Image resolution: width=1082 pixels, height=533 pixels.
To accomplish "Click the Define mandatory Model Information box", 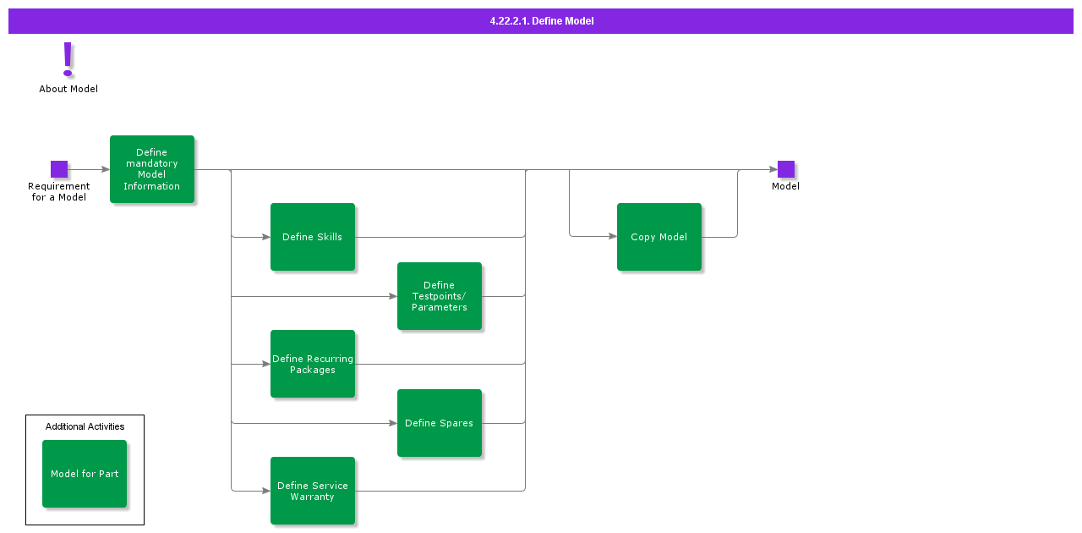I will (x=152, y=169).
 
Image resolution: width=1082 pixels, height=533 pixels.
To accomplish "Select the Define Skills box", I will (x=313, y=237).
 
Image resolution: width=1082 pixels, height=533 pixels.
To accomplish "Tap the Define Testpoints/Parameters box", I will (x=440, y=296).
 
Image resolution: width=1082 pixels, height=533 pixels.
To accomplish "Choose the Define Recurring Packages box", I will (x=313, y=364).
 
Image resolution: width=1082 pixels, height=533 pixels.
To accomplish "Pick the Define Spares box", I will (x=440, y=423).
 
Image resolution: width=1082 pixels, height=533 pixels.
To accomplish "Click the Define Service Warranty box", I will (x=313, y=491).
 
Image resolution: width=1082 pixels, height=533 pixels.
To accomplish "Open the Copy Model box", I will (x=659, y=237).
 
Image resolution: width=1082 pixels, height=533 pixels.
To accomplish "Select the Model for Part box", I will (x=85, y=474).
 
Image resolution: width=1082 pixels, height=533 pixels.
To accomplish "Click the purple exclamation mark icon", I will (x=68, y=59).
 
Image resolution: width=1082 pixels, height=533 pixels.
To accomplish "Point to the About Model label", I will (x=68, y=89).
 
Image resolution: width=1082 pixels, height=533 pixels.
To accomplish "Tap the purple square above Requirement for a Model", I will (x=59, y=169).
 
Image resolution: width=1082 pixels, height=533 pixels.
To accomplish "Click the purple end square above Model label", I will (x=786, y=169).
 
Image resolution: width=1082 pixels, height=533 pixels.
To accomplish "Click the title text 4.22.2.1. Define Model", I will (x=541, y=21).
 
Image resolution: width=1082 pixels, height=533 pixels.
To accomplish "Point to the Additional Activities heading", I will (x=85, y=426).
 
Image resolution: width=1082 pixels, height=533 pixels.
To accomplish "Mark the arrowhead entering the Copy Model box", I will (x=612, y=237).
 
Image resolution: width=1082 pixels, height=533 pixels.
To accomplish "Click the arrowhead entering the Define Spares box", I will (x=392, y=423).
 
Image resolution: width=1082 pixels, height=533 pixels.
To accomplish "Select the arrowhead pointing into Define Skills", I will (x=265, y=237).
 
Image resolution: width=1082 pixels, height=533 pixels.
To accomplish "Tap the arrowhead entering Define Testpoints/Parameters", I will (x=392, y=296).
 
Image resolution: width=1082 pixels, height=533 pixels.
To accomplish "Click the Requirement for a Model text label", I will (x=59, y=192).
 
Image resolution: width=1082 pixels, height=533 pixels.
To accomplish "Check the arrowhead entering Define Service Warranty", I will (x=265, y=491).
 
